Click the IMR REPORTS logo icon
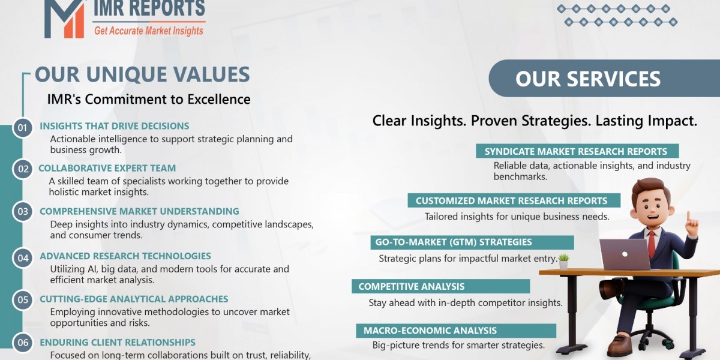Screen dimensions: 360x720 click(65, 17)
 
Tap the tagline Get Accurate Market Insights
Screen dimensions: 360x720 click(148, 30)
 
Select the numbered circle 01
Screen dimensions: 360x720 click(23, 127)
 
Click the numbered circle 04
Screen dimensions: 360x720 click(23, 258)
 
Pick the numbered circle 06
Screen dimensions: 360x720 click(23, 343)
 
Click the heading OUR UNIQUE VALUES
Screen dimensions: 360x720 click(142, 74)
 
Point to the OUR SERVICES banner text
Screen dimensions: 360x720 click(587, 79)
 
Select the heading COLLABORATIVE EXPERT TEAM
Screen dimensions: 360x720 click(107, 169)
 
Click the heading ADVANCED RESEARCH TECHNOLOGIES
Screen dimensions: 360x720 click(125, 256)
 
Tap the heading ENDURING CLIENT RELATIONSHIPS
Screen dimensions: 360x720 click(117, 343)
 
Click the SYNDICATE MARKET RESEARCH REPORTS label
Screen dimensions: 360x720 click(575, 152)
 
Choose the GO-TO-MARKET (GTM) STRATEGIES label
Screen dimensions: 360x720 click(454, 242)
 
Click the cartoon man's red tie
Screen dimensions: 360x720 click(652, 242)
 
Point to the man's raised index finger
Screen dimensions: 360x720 click(688, 215)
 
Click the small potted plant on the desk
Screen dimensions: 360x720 click(563, 260)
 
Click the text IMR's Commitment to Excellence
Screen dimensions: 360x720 click(149, 99)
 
